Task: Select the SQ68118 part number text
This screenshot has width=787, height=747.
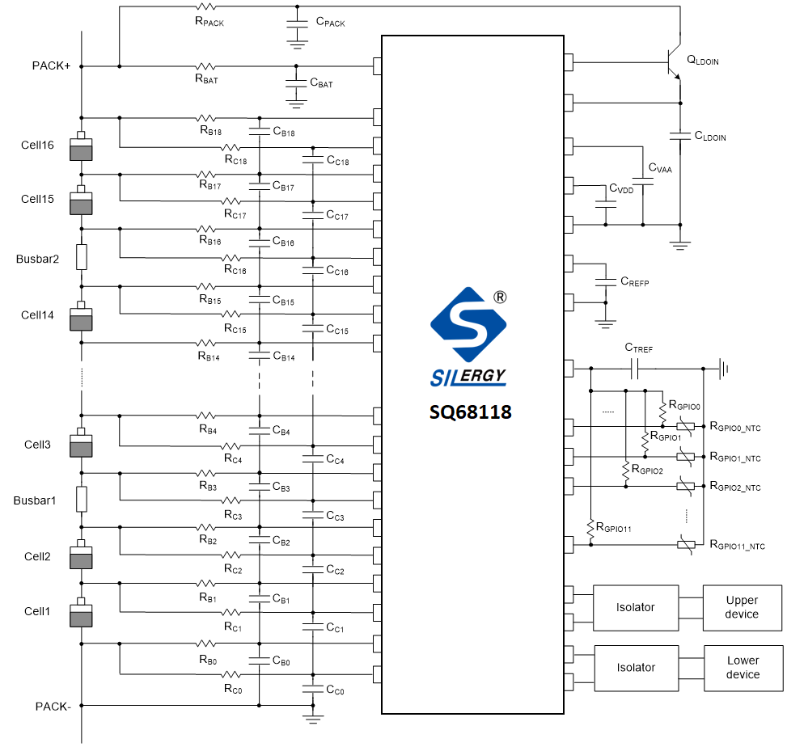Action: click(x=470, y=411)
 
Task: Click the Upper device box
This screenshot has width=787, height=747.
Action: click(x=742, y=607)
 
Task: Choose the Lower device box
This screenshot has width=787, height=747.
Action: click(x=743, y=668)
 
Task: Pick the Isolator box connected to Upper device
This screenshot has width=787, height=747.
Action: click(x=635, y=607)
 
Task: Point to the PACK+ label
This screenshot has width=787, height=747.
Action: click(x=51, y=66)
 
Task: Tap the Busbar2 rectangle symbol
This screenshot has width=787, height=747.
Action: click(x=82, y=257)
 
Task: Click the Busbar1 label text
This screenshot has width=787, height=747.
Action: click(x=35, y=500)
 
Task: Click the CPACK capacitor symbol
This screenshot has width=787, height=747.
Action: click(x=298, y=27)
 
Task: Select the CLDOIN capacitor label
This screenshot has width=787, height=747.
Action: click(x=710, y=137)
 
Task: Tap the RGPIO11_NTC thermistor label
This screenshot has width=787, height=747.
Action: click(x=737, y=547)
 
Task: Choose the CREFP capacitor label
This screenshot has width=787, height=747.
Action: click(x=635, y=282)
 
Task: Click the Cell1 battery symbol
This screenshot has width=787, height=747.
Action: click(x=82, y=614)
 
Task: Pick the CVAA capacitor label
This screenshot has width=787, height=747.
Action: click(x=660, y=169)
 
